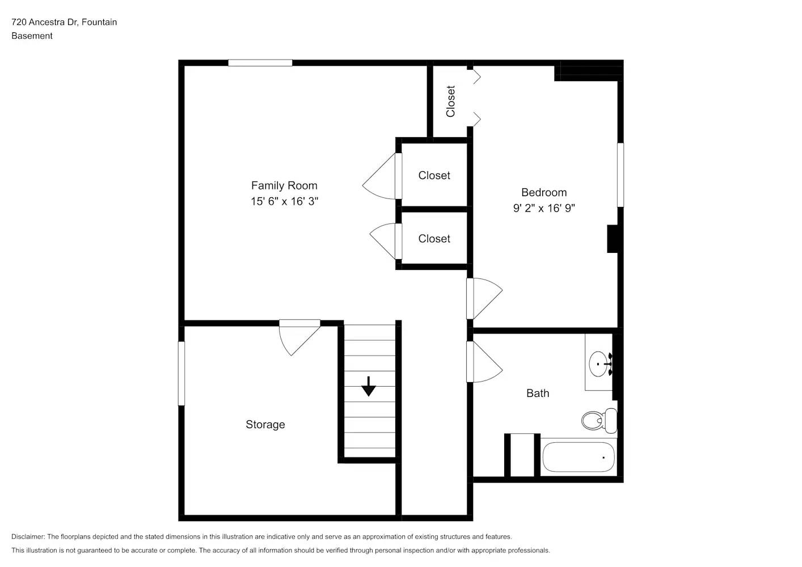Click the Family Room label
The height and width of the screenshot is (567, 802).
click(x=284, y=185)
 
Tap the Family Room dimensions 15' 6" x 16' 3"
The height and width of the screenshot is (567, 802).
click(x=284, y=201)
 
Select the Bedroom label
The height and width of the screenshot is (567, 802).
click(x=543, y=192)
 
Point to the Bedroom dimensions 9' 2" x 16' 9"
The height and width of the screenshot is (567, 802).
click(x=543, y=208)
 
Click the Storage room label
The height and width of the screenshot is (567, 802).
click(x=265, y=425)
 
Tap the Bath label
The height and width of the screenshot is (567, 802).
click(x=537, y=393)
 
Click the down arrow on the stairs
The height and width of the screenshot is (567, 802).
click(x=369, y=386)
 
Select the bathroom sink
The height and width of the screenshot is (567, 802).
click(x=599, y=363)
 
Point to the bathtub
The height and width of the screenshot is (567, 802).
click(x=579, y=458)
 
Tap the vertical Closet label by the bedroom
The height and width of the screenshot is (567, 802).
click(x=451, y=101)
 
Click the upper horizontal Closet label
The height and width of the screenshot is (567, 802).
click(x=434, y=176)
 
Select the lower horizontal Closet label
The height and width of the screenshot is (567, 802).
click(x=434, y=239)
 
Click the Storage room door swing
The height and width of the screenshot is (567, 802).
click(x=298, y=336)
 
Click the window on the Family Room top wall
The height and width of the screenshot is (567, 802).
click(x=260, y=63)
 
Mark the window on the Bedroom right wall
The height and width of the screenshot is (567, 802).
click(x=620, y=175)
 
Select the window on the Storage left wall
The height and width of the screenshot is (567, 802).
click(x=181, y=373)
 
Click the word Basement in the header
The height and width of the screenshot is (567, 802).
click(x=32, y=36)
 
